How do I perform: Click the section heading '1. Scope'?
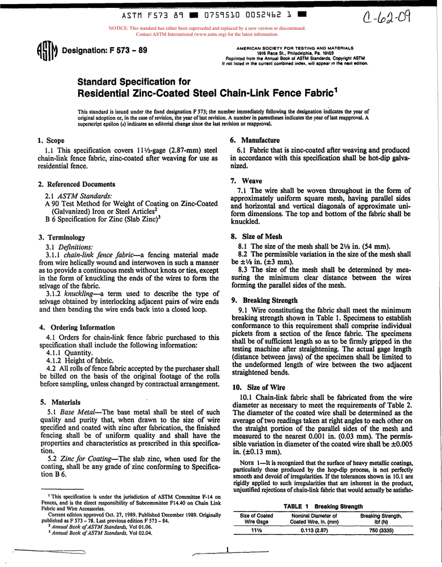point(51,140)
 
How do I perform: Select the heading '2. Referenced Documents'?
point(77,184)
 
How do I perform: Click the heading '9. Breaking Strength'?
point(264,300)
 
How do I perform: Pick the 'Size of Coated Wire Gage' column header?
point(256,519)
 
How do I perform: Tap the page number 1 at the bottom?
point(227,549)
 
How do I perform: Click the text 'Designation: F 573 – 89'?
point(105,50)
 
